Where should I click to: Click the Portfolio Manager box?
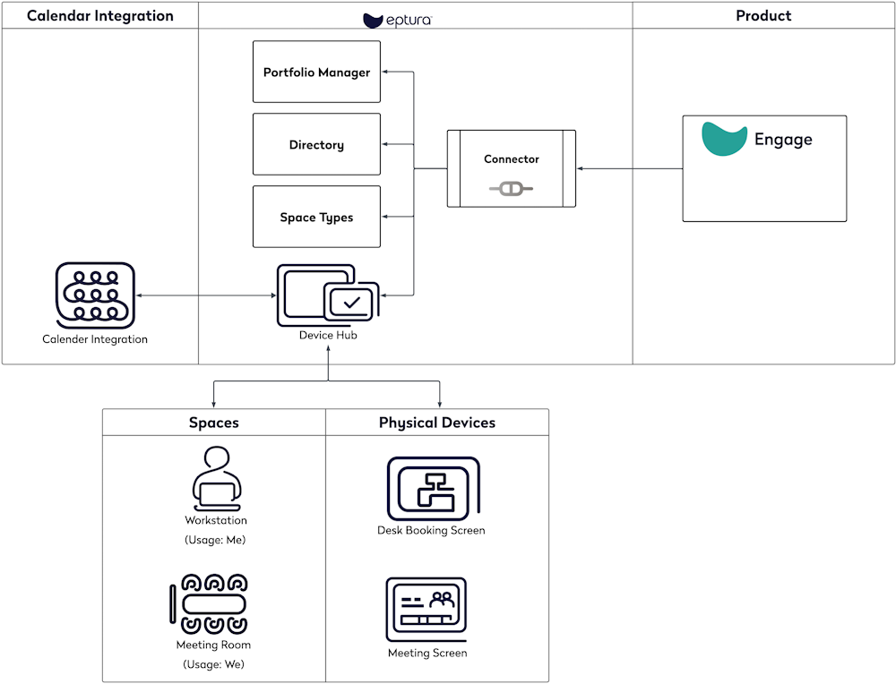coord(316,72)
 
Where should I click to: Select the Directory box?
coord(316,144)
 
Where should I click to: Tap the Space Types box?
coord(316,217)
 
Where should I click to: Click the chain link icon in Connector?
coord(511,189)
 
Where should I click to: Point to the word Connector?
coord(511,159)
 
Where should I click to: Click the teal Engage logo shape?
coord(724,139)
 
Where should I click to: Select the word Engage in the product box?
coord(783,140)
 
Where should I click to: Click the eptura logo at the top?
coord(397,20)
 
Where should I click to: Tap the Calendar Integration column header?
coord(99,15)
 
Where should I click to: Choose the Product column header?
coord(763,15)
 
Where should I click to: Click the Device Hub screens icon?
coord(327,295)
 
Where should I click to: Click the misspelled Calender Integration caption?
coord(95,339)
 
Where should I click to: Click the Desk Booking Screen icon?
coord(433,489)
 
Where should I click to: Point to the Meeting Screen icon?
coord(426,609)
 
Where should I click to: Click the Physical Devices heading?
coord(436,423)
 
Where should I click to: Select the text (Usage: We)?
coord(213,664)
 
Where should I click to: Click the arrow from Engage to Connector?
coord(629,168)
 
